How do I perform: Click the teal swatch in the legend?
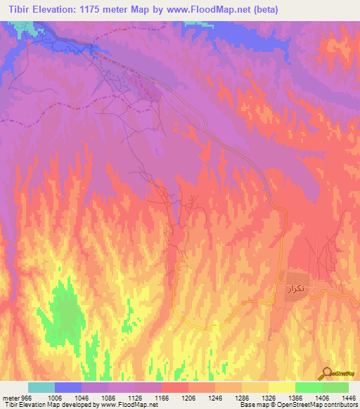[41, 387]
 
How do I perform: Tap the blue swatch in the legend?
[68, 387]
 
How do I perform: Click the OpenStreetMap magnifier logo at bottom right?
[326, 372]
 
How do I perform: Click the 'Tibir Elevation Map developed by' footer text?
[49, 405]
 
